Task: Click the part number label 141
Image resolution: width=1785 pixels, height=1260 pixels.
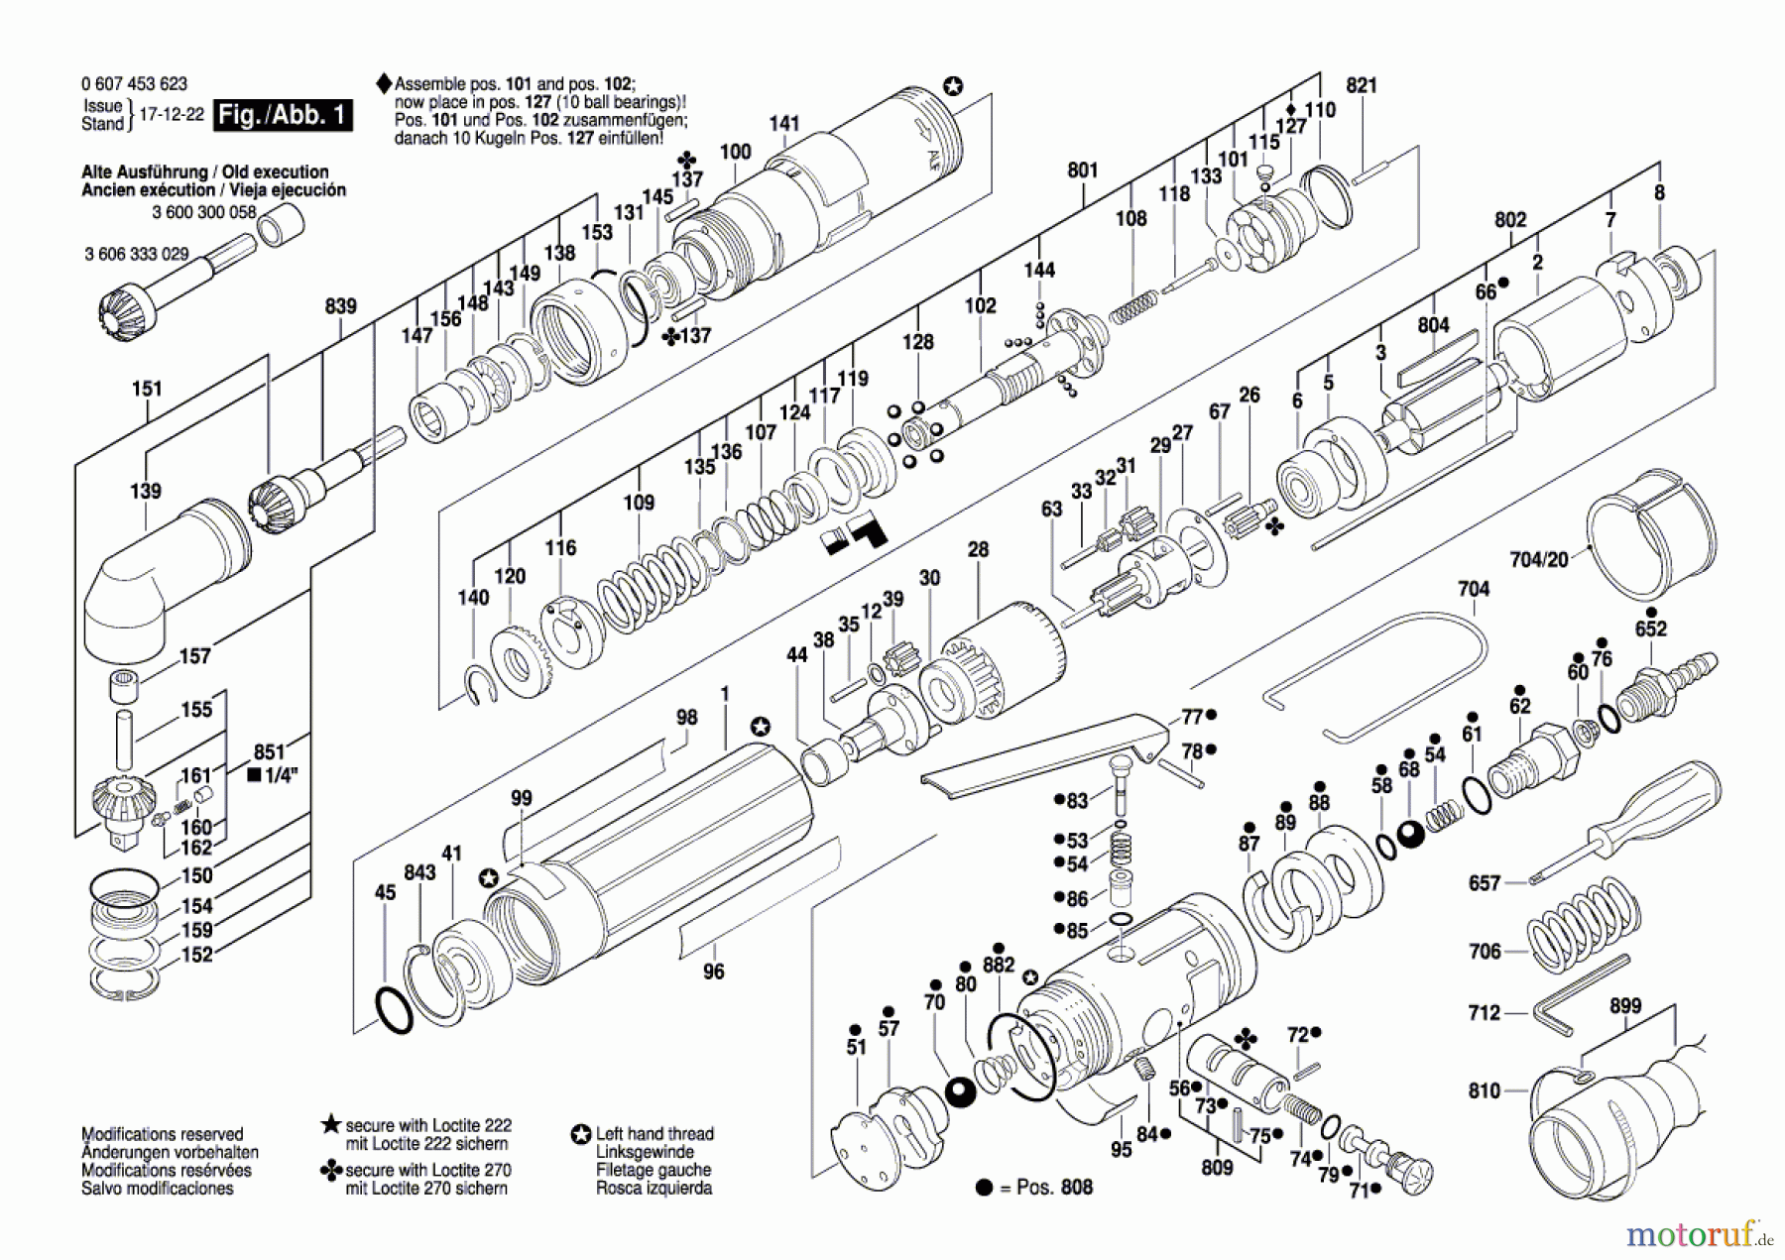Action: [783, 123]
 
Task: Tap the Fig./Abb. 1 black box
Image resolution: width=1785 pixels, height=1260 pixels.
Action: [284, 114]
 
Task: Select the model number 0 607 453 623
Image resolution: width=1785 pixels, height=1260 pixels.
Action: [134, 84]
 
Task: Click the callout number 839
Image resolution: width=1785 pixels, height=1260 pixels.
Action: [340, 306]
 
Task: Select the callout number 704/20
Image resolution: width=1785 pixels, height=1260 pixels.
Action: [1538, 560]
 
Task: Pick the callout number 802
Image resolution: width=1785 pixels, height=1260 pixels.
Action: [1510, 219]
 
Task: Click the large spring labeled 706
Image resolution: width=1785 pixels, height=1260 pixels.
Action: [1582, 932]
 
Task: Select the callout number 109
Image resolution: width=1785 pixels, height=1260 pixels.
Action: [639, 503]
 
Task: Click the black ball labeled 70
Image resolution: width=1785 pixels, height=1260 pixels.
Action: [960, 1092]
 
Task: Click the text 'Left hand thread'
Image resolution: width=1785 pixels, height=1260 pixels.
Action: [654, 1134]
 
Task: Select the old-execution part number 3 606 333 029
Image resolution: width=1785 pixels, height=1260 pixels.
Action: [136, 254]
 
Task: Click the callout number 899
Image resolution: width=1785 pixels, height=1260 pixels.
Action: [1625, 1006]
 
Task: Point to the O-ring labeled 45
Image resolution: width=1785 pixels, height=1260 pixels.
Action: [396, 1010]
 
